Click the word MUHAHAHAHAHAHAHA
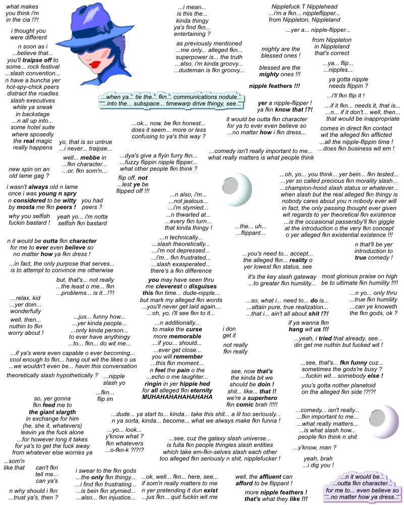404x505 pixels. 178,397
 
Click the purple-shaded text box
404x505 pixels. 362,487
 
